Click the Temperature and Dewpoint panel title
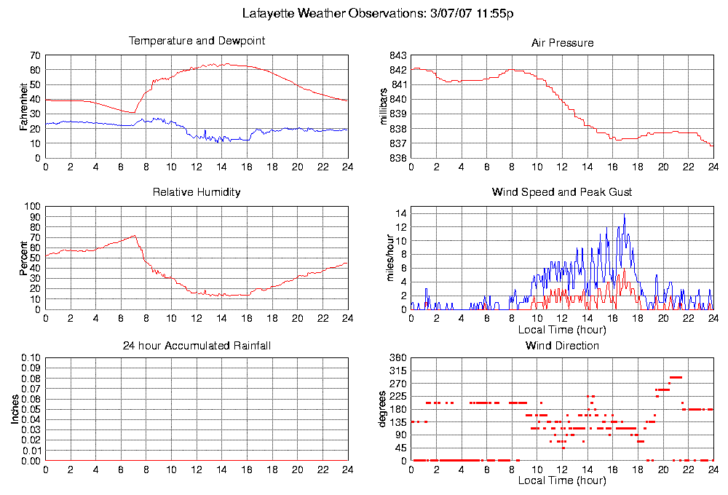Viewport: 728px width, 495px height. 197,41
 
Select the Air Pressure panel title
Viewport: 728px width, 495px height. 562,43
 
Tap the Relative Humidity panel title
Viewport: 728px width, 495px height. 197,192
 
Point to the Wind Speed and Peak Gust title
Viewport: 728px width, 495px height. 562,192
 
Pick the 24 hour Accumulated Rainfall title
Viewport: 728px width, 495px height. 197,345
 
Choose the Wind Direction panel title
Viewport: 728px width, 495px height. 562,345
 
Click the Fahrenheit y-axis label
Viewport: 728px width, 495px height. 23,107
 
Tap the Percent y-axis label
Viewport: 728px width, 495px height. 23,258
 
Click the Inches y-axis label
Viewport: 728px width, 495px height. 15,409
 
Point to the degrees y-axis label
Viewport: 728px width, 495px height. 383,409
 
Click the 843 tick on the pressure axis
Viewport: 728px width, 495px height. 397,55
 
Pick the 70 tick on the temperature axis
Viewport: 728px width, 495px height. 35,55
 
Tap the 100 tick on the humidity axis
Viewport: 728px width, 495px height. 32,206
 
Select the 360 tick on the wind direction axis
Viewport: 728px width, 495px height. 397,357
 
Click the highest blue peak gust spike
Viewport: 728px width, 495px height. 624,215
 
